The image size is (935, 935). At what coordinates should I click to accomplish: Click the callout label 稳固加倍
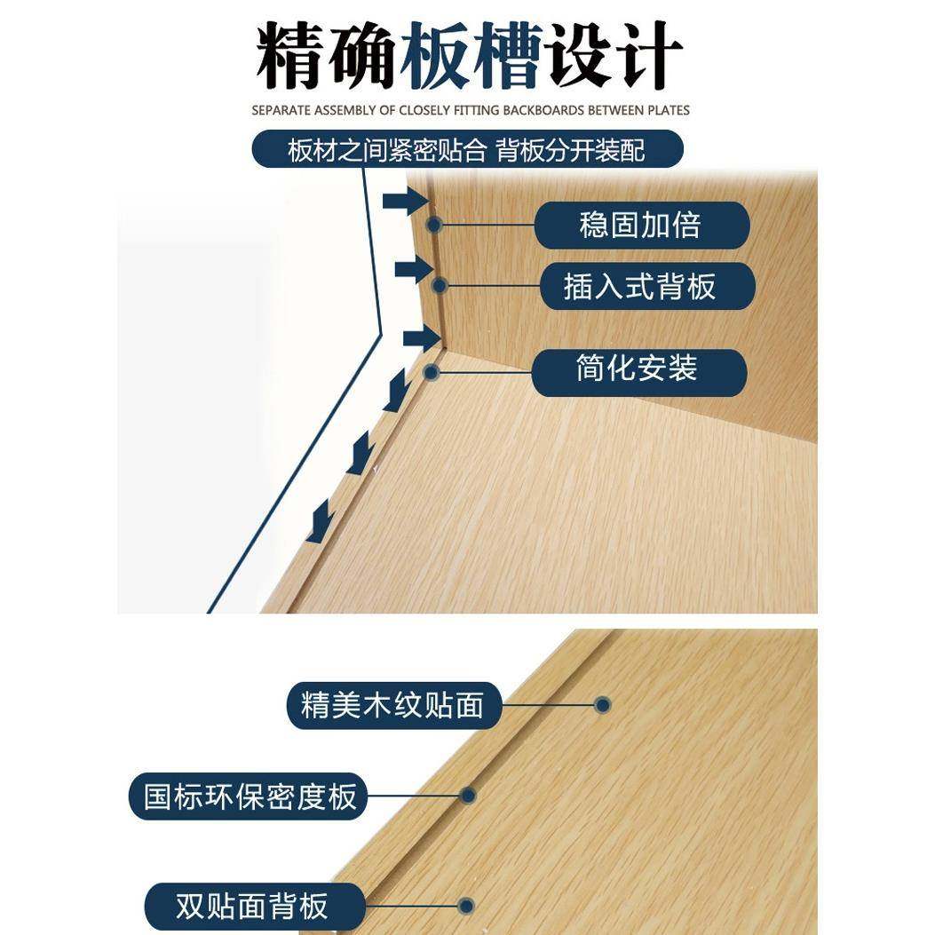coord(641,226)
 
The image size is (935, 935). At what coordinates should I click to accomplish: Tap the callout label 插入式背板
coord(647,286)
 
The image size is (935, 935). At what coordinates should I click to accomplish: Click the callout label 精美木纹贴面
coord(393,706)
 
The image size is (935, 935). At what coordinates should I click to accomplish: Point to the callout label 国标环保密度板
coord(250,796)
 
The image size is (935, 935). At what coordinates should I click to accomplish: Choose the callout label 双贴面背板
coord(254,907)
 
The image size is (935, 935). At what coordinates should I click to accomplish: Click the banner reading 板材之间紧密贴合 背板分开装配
coord(467,150)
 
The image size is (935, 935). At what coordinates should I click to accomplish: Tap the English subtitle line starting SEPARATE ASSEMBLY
coord(470,110)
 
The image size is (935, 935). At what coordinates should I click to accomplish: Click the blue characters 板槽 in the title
coord(470,57)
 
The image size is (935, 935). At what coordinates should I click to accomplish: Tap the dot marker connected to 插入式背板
coord(438,286)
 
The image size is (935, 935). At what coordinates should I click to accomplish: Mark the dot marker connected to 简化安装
coord(432,372)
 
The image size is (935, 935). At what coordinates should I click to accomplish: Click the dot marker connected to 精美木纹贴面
coord(603,706)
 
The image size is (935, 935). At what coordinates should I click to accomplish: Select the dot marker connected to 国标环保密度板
coord(467,796)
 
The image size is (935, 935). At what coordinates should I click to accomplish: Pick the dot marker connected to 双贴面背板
coord(466,907)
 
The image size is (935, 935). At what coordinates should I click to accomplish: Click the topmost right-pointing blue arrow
coord(405,202)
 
